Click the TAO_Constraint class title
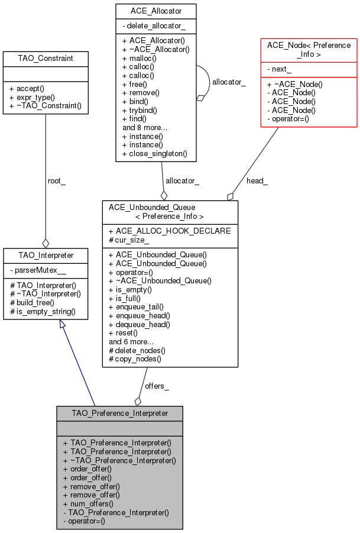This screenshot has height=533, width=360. (x=46, y=59)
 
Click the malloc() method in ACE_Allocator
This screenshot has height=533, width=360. (x=140, y=58)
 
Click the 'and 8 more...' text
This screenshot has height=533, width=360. (x=145, y=127)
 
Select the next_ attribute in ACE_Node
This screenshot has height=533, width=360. (x=280, y=69)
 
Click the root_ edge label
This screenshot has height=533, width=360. (x=57, y=181)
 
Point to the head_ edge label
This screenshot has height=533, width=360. (x=257, y=181)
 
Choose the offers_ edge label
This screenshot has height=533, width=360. (x=157, y=386)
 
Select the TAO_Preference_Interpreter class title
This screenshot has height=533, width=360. (x=120, y=414)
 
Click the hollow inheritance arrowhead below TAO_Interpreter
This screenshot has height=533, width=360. (x=63, y=324)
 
